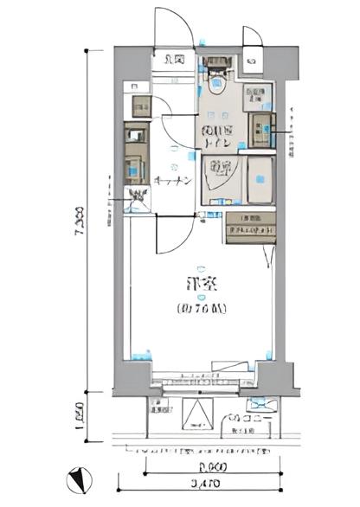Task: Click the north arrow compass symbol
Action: [x=76, y=479]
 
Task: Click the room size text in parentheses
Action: [x=202, y=307]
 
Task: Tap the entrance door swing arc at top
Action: [x=172, y=26]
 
